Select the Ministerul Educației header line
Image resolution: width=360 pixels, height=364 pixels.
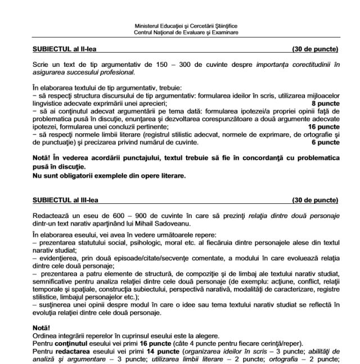(186, 26)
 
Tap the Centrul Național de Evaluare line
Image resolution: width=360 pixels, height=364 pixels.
(186, 32)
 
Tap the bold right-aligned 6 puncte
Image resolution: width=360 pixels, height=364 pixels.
(325, 143)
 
